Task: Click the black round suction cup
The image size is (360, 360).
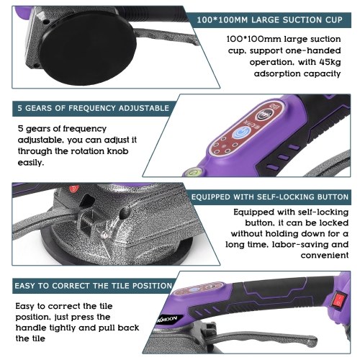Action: (x=89, y=48)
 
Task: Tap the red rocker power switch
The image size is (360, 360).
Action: (x=339, y=300)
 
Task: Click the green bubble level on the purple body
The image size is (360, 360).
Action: (x=192, y=171)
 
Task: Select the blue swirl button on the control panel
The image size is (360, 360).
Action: (x=241, y=133)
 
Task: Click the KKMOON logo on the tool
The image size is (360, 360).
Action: (x=169, y=320)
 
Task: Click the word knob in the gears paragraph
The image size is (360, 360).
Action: (x=117, y=151)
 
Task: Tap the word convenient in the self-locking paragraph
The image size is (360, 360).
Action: (x=325, y=256)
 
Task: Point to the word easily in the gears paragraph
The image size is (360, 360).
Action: (x=31, y=163)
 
